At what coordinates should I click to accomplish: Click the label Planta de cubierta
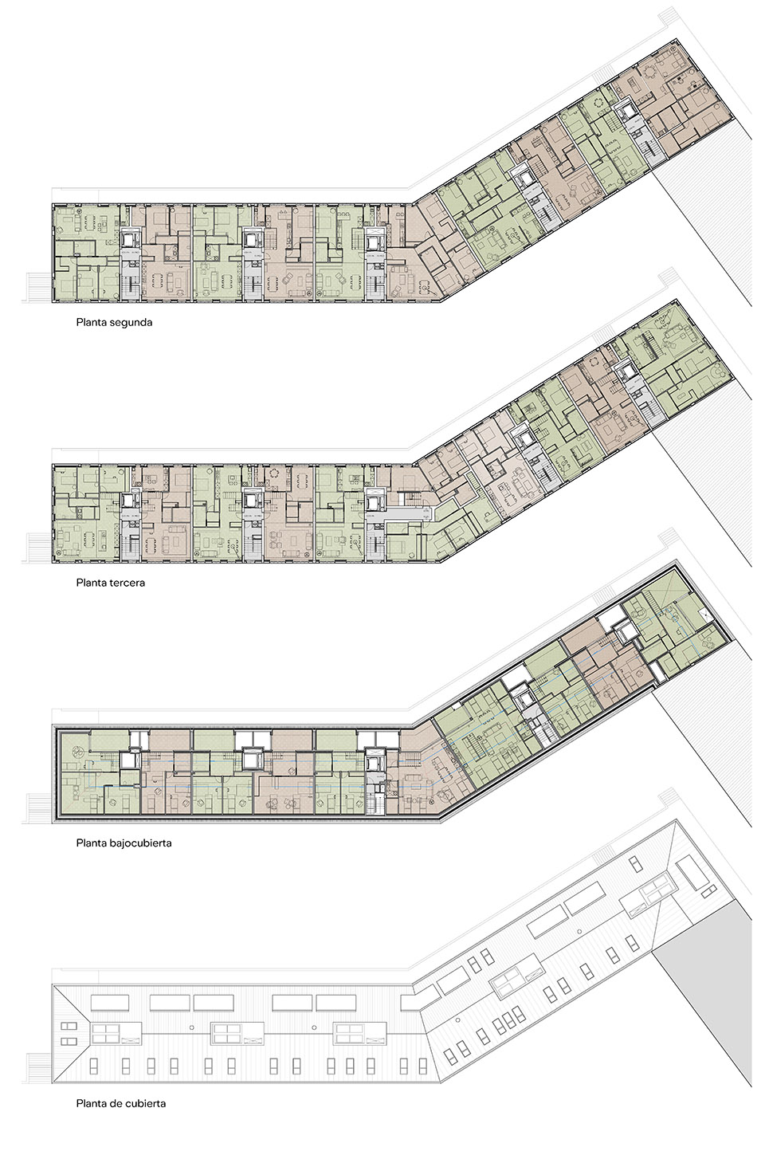(x=120, y=1104)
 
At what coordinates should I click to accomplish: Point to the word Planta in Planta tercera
(x=92, y=583)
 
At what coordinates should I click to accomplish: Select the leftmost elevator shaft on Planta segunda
(x=129, y=238)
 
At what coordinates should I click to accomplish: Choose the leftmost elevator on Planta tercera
(x=129, y=500)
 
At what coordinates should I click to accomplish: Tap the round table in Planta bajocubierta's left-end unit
(x=77, y=749)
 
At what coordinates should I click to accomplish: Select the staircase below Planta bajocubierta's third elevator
(x=376, y=803)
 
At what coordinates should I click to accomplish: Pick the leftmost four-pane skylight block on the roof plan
(x=104, y=1034)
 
